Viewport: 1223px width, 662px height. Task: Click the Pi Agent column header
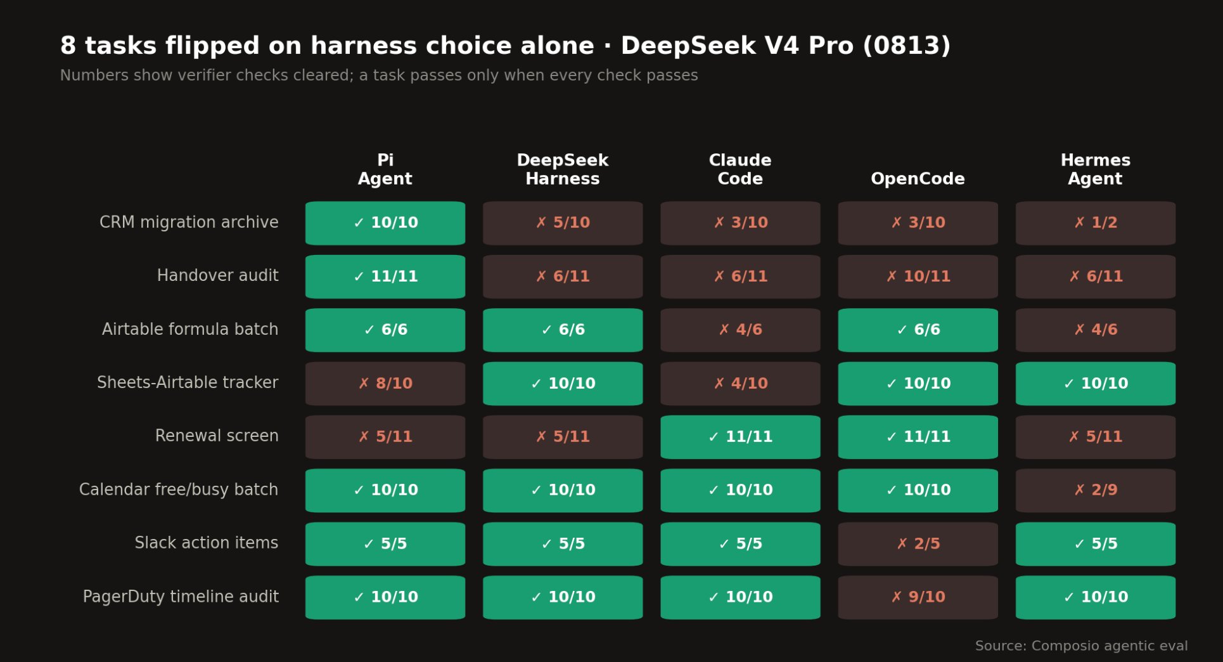(x=385, y=169)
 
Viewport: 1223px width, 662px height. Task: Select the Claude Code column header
(x=740, y=169)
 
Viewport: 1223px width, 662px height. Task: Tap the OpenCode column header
(x=918, y=179)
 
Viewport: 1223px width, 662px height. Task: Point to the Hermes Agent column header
(x=1096, y=169)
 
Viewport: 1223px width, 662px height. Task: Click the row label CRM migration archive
(x=189, y=223)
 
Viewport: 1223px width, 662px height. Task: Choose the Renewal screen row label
(x=217, y=436)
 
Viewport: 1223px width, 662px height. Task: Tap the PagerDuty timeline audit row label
(x=181, y=597)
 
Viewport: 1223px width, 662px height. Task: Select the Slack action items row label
(x=207, y=543)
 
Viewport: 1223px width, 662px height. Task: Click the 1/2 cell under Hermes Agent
(x=1096, y=223)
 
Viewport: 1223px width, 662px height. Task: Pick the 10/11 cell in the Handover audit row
(x=918, y=276)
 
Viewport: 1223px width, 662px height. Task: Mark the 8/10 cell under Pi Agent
(x=385, y=384)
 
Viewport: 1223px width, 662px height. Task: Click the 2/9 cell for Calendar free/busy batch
(x=1096, y=490)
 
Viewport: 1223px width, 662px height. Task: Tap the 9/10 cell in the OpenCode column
(x=918, y=597)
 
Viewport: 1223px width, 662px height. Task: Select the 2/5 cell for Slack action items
(x=918, y=544)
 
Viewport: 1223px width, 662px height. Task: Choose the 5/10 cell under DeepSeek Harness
(x=563, y=223)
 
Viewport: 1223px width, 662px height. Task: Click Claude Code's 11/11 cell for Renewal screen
(x=740, y=437)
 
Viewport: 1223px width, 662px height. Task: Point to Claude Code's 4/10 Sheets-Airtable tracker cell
(x=740, y=384)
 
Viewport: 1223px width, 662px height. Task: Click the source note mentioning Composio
(x=1081, y=646)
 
